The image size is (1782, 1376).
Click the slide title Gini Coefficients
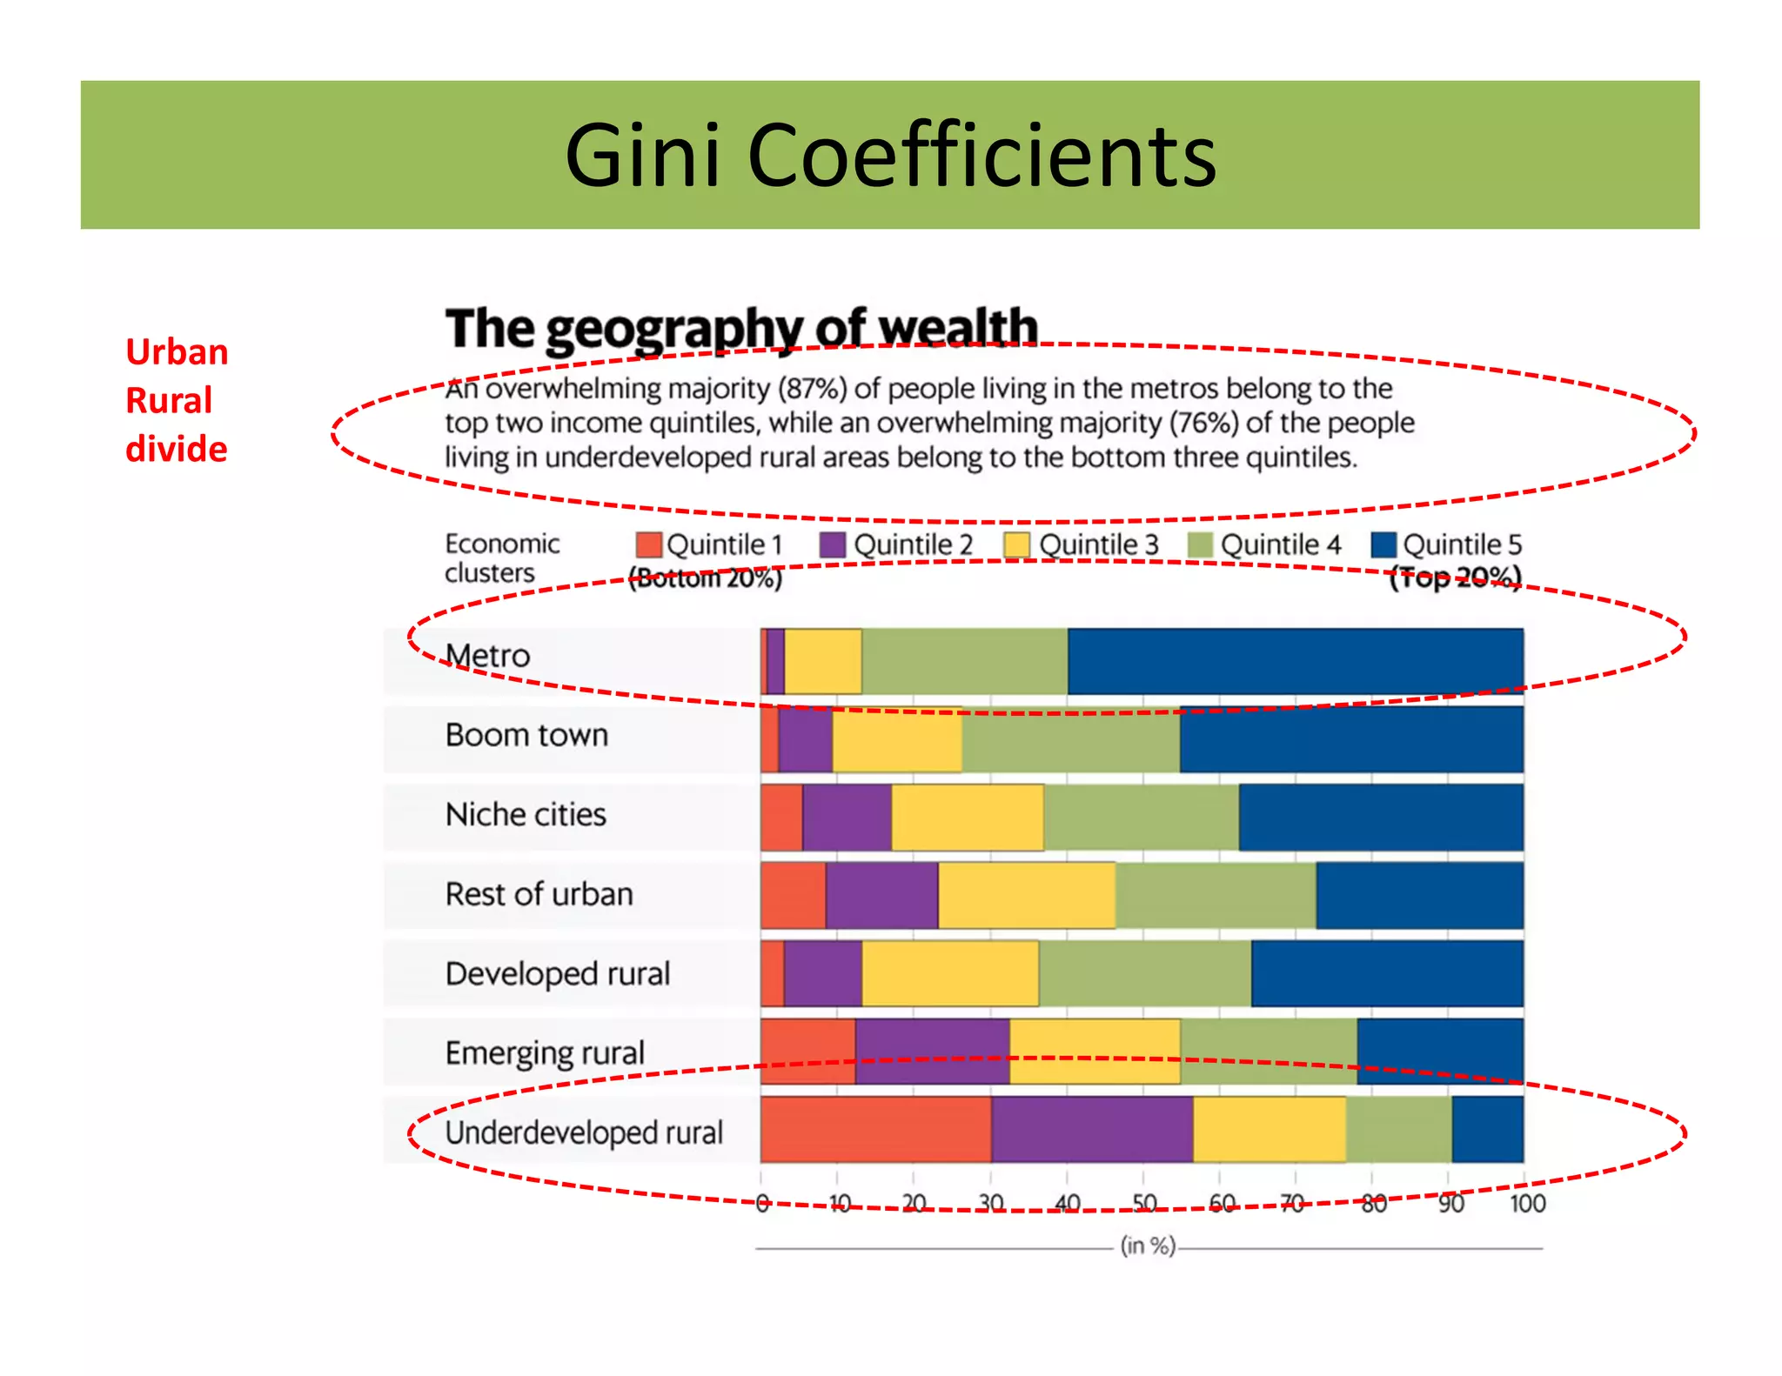point(890,156)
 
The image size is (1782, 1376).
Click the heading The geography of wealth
point(741,329)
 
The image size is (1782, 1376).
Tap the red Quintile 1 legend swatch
point(648,545)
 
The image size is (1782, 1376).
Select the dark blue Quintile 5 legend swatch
point(1383,545)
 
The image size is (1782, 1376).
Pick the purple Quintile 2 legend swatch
point(833,545)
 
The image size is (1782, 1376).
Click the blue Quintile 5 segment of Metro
point(1295,661)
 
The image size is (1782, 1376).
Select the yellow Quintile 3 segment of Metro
point(823,661)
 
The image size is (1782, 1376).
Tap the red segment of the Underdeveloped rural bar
point(875,1129)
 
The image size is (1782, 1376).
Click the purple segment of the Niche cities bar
point(847,818)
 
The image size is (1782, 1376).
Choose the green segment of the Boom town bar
point(1070,739)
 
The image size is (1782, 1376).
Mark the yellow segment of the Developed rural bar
point(950,973)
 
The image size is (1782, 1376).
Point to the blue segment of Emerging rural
point(1439,1052)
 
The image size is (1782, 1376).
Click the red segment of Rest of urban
point(793,895)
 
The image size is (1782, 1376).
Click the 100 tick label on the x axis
point(1527,1204)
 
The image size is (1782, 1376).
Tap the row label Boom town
point(526,736)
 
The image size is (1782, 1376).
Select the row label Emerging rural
point(545,1053)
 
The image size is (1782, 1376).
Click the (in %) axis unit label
point(1148,1246)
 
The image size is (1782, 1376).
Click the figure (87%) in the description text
point(812,388)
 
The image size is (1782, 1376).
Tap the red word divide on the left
point(177,450)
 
